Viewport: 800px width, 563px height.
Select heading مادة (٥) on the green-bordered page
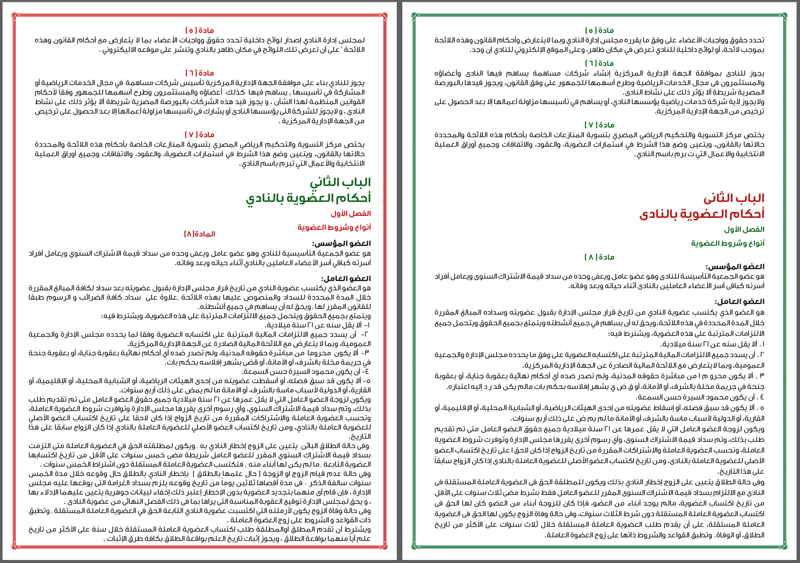click(x=599, y=30)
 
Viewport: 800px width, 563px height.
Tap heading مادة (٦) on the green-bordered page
click(x=599, y=63)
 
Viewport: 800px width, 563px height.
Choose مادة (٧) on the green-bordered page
click(x=599, y=125)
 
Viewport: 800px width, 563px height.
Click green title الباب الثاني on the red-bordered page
click(x=340, y=182)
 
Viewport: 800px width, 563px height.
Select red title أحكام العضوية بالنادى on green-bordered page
click(x=702, y=214)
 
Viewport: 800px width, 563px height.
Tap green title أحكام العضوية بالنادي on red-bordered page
click(x=308, y=198)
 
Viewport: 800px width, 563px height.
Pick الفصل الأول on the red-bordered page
click(x=351, y=213)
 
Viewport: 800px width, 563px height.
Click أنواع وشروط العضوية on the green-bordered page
click(x=728, y=243)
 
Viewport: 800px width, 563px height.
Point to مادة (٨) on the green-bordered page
click(x=599, y=257)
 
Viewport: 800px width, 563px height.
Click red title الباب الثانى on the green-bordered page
click(x=734, y=198)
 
